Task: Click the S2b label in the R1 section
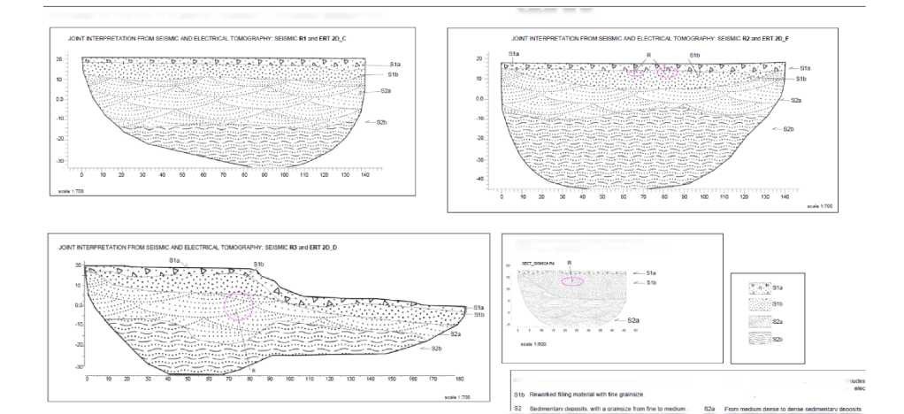(381, 121)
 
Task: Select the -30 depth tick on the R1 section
(61, 161)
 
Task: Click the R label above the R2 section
(648, 55)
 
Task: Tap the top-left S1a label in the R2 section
(513, 55)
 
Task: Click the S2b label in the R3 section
(435, 349)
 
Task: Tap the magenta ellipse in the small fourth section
(572, 282)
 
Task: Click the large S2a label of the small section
(633, 319)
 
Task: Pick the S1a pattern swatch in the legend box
(757, 287)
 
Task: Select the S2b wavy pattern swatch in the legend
(757, 338)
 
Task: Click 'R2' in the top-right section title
(747, 40)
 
